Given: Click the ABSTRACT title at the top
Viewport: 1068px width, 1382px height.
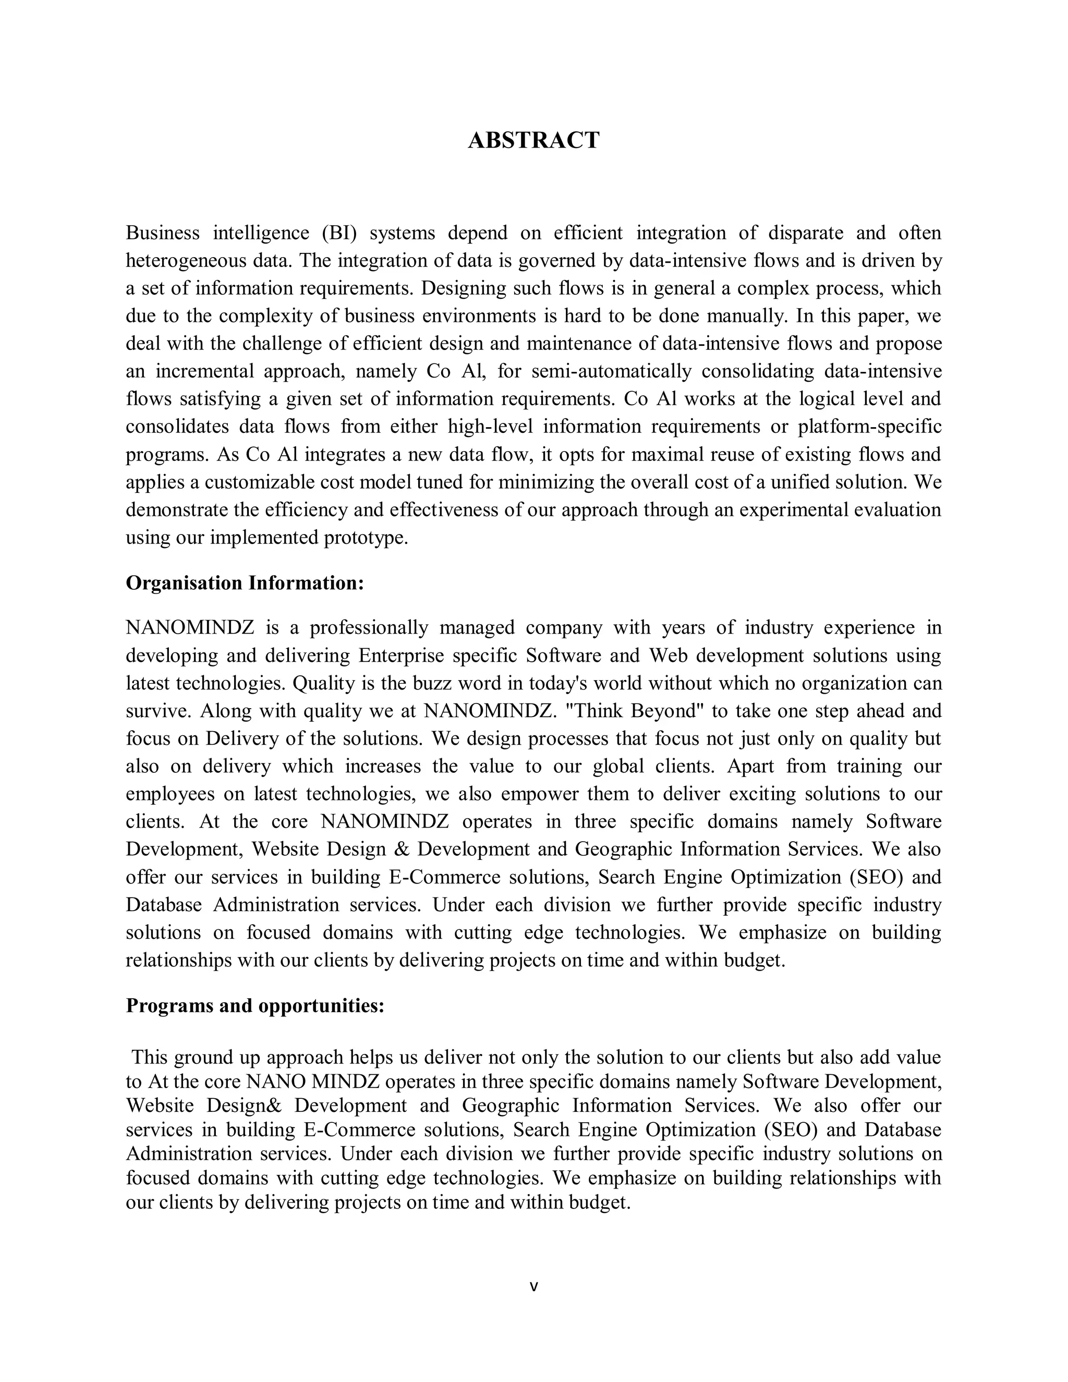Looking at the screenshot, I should (x=533, y=140).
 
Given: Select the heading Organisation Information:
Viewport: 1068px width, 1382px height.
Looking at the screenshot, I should (x=245, y=583).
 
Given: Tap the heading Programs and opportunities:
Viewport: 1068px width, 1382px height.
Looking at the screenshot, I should (x=255, y=1005).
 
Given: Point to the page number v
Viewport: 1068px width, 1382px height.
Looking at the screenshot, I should (x=533, y=1286).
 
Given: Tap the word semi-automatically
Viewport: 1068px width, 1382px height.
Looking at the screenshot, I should (x=611, y=371).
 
